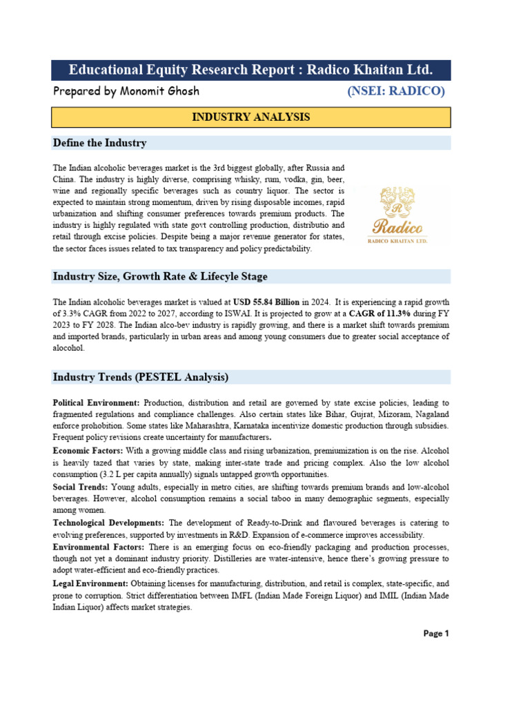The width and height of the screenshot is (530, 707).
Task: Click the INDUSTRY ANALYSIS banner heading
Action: (x=251, y=117)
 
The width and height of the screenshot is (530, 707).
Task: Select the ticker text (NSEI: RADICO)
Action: (x=396, y=91)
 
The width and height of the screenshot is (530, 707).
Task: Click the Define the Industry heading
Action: (x=99, y=143)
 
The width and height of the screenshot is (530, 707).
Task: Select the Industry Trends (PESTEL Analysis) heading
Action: (x=141, y=377)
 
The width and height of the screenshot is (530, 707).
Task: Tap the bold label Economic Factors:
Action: (x=88, y=449)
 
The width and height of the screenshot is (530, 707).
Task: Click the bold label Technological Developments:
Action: (x=108, y=523)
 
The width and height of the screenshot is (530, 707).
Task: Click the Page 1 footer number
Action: (x=436, y=633)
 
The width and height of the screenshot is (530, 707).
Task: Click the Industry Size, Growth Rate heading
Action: (x=159, y=276)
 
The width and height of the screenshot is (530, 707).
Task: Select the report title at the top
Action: (x=251, y=70)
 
